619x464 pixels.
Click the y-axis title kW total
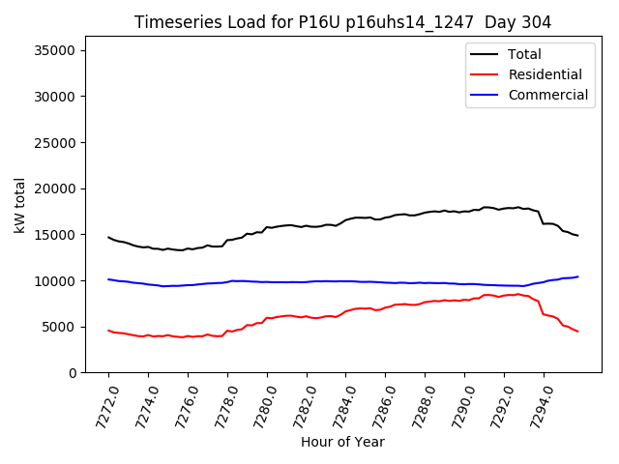pos(19,205)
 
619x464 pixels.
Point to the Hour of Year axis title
pos(342,442)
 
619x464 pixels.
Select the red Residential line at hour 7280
pos(267,318)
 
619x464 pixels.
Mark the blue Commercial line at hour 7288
pos(425,282)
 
